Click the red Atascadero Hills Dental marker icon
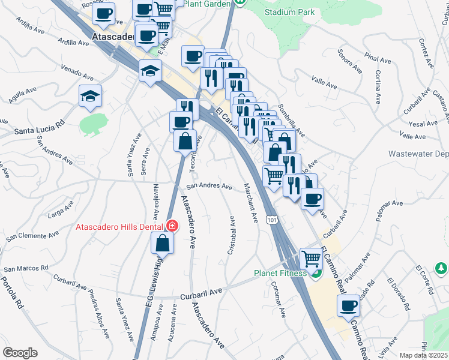click(x=172, y=226)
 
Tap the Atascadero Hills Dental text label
click(x=120, y=227)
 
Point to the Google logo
click(x=20, y=353)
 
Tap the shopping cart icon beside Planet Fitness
click(x=311, y=259)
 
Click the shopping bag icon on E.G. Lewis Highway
click(x=162, y=243)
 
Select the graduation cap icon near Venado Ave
click(x=90, y=95)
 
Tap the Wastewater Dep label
click(x=418, y=154)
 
